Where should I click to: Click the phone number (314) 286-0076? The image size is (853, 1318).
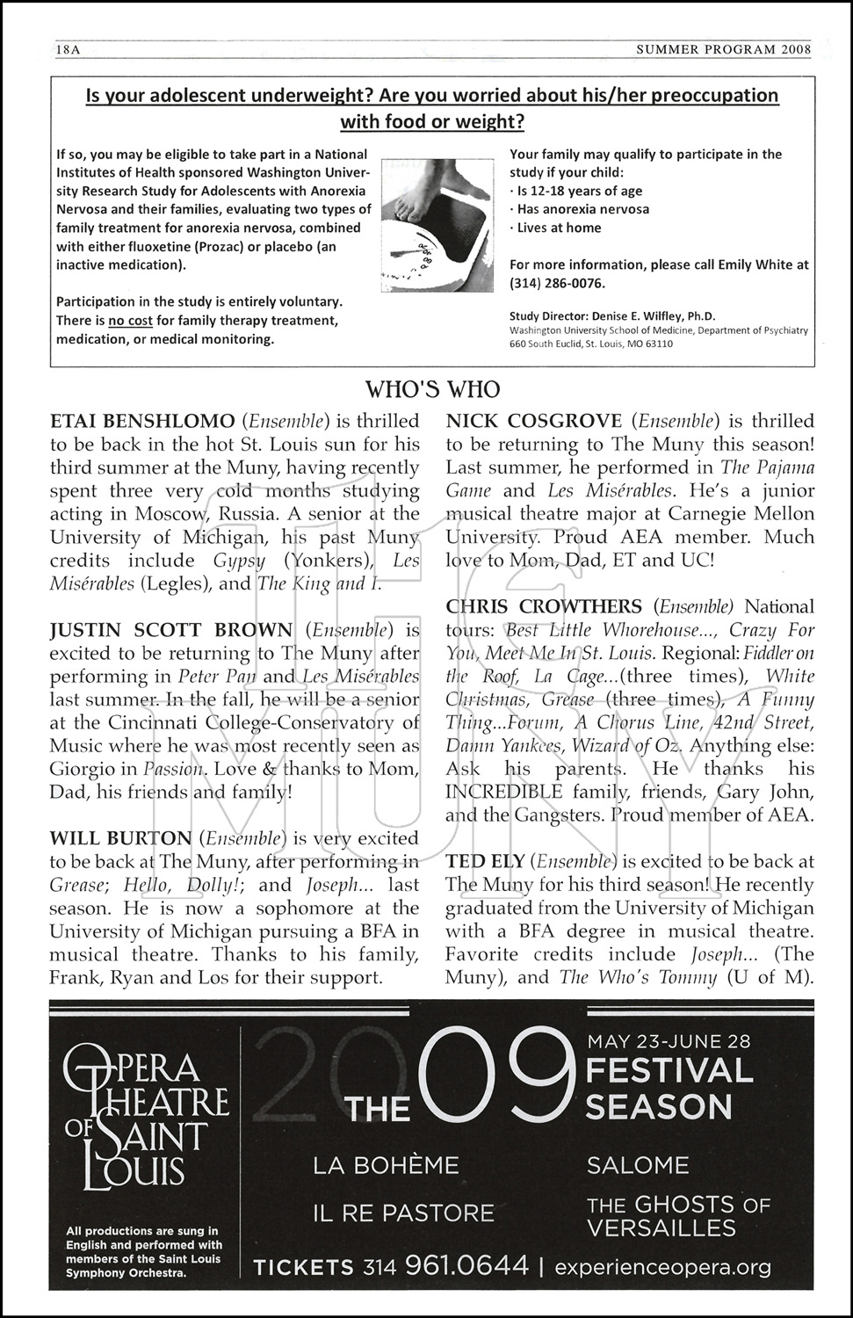[558, 283]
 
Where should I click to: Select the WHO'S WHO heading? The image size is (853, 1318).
[432, 389]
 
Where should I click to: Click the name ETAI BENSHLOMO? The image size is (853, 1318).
[142, 421]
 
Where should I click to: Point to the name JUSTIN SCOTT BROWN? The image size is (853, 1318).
[171, 630]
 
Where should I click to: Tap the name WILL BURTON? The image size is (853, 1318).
[120, 839]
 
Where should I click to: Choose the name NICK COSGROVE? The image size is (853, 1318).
[534, 421]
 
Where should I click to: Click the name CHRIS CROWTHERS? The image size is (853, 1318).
[544, 607]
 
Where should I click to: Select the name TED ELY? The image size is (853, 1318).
[485, 862]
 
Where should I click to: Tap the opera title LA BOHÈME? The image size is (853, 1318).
[386, 1166]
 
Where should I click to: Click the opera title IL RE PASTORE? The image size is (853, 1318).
[403, 1213]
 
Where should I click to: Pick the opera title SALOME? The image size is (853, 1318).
[638, 1166]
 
